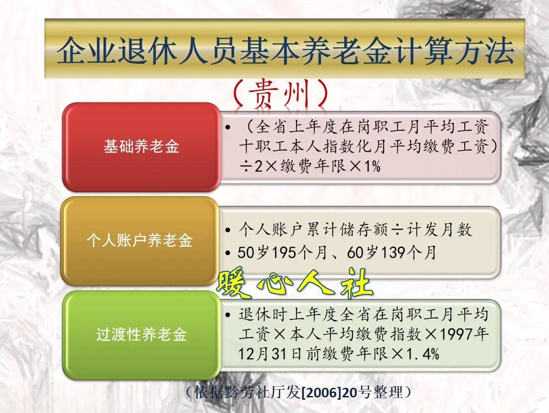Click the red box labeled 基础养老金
pos(141,146)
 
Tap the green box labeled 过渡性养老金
pos(141,335)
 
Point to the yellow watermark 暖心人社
pos(294,283)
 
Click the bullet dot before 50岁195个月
pos(228,252)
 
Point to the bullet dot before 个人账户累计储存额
pos(228,230)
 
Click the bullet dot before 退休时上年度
pos(228,315)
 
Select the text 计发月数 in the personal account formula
pos(439,229)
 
